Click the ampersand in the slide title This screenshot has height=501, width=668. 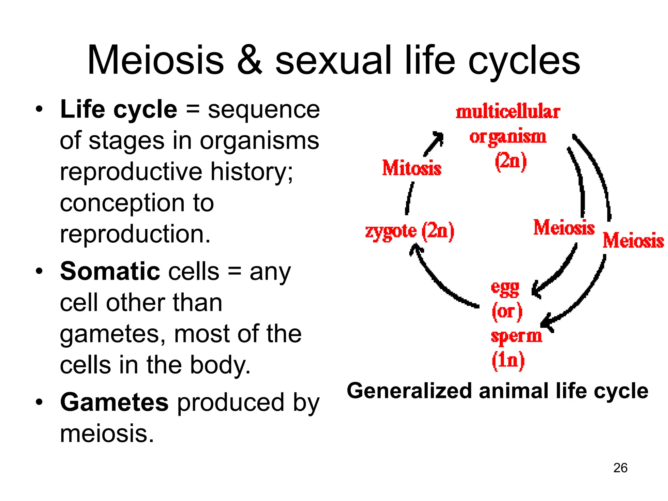250,60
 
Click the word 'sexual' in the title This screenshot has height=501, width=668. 333,60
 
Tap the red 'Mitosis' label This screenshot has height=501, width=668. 412,168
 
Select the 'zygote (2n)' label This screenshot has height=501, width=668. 410,232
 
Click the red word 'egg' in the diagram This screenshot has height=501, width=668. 505,288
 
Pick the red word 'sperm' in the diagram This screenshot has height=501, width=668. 516,336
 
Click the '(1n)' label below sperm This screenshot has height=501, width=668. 508,360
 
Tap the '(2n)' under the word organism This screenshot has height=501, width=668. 510,161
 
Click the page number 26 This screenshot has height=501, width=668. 620,468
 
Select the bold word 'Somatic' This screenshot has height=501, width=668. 110,271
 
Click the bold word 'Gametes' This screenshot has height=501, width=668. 114,402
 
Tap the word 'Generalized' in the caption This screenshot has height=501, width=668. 409,391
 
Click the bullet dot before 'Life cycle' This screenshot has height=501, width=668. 39,110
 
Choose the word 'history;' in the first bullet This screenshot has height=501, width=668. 251,172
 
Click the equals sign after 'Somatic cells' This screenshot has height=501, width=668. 234,271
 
